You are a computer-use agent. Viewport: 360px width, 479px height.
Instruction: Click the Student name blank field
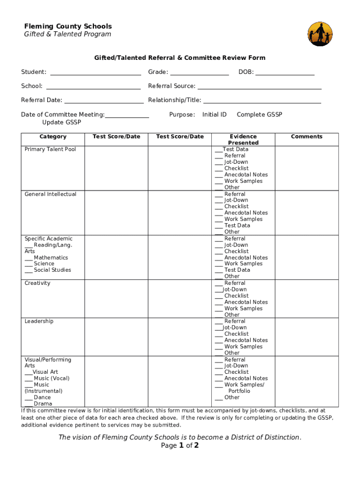pyautogui.click(x=95, y=73)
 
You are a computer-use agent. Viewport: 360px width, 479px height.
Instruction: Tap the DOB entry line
pyautogui.click(x=285, y=73)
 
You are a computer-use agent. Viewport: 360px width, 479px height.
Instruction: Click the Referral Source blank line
pyautogui.click(x=259, y=87)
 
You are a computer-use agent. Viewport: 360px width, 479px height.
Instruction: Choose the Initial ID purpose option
pyautogui.click(x=214, y=115)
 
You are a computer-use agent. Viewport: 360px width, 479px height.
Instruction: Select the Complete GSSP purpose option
pyautogui.click(x=259, y=115)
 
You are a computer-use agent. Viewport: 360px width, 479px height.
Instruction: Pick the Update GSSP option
pyautogui.click(x=61, y=123)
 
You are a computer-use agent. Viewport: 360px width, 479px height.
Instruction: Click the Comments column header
pyautogui.click(x=306, y=137)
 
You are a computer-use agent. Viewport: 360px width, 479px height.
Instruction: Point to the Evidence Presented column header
pyautogui.click(x=243, y=139)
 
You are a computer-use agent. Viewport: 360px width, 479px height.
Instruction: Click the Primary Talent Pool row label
pyautogui.click(x=50, y=149)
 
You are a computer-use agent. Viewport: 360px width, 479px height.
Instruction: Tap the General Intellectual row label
pyautogui.click(x=50, y=194)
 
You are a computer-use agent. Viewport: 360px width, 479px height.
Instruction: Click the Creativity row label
pyautogui.click(x=37, y=283)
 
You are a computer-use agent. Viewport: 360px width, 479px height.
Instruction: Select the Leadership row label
pyautogui.click(x=39, y=321)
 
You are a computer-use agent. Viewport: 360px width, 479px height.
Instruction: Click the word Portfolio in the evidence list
pyautogui.click(x=239, y=391)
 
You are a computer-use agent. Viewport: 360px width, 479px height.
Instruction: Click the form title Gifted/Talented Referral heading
pyautogui.click(x=180, y=58)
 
